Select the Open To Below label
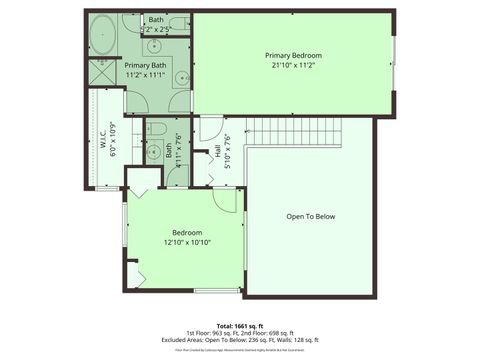(x=310, y=216)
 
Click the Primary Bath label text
(x=144, y=65)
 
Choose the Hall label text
(x=218, y=151)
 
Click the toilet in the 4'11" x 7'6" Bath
(x=155, y=130)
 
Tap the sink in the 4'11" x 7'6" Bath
(x=154, y=153)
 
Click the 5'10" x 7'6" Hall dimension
(x=228, y=151)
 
